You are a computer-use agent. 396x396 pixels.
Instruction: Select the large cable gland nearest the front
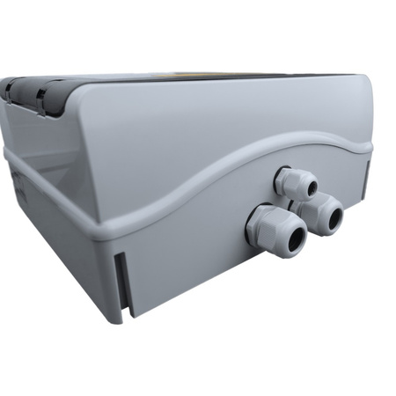click(275, 230)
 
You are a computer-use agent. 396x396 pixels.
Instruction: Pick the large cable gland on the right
click(320, 214)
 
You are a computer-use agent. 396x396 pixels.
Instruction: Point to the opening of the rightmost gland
click(330, 217)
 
